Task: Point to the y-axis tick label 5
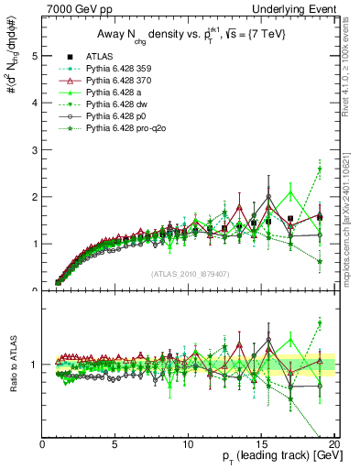click(35, 56)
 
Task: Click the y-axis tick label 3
click(35, 150)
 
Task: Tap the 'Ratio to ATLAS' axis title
click(12, 365)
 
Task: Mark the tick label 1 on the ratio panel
click(35, 365)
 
